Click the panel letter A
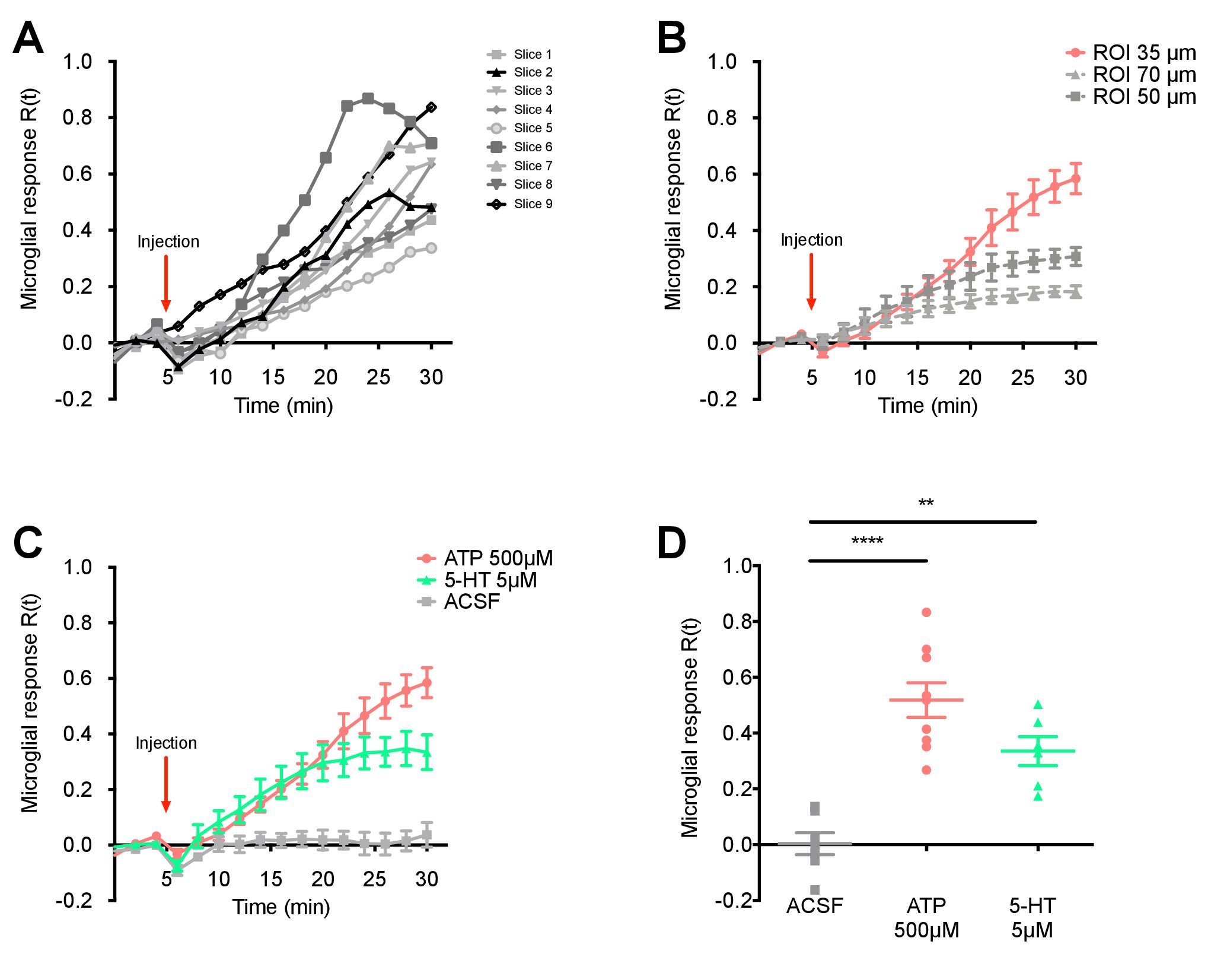[x=28, y=39]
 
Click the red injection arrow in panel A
[x=166, y=283]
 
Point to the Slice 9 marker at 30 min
[x=432, y=107]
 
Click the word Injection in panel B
[x=811, y=240]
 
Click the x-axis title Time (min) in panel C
[x=281, y=907]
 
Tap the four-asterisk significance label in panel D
[x=867, y=541]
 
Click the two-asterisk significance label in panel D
[x=926, y=504]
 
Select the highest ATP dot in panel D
[x=926, y=612]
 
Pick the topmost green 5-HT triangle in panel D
[x=1038, y=705]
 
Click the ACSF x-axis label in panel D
[x=814, y=906]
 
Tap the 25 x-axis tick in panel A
[x=378, y=377]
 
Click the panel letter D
[x=672, y=543]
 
